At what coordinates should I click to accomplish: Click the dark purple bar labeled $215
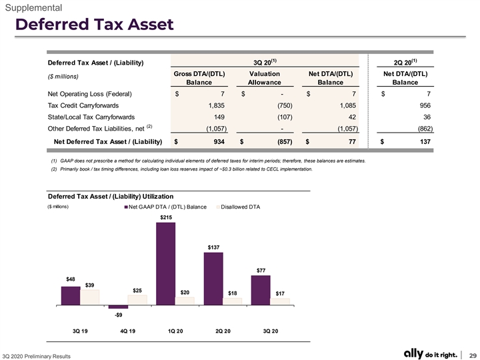point(165,263)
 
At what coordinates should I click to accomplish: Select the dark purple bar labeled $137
point(213,279)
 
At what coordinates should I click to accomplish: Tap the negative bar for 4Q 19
point(118,307)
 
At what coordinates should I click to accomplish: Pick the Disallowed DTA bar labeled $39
point(90,297)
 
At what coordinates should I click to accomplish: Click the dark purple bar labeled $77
point(261,290)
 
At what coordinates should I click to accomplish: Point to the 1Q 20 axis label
point(175,331)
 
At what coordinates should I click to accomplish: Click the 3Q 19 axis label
point(80,331)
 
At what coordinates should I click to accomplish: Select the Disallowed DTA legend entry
point(238,207)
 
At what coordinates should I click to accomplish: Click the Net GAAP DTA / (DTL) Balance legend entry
point(165,207)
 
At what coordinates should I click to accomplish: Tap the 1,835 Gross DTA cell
point(217,105)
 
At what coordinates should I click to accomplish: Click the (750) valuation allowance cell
point(285,105)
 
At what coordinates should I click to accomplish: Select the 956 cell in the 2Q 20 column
point(425,105)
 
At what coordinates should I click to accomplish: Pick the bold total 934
point(219,142)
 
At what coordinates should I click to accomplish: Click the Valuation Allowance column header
point(265,78)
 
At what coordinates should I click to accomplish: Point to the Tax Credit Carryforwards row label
point(83,105)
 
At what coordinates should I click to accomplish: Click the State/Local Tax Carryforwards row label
point(91,117)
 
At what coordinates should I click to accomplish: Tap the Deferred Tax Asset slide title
point(95,24)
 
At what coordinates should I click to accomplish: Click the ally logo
point(413,353)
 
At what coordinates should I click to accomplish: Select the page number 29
point(473,355)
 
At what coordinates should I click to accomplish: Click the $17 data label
point(280,293)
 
